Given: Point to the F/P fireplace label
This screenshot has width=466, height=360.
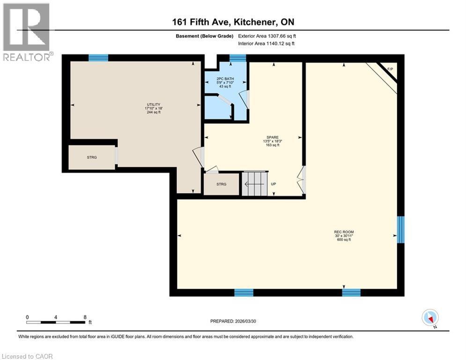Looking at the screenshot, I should pos(390,70).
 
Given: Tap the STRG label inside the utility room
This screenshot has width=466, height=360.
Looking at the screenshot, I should pos(92,157).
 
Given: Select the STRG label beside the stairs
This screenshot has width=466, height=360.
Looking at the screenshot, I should pos(222,184).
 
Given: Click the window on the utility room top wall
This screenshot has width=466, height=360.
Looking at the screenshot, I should pos(98,58).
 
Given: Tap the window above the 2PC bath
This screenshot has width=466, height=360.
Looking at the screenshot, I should pos(238,58).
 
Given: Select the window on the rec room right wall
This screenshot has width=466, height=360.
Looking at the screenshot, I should pos(400,230).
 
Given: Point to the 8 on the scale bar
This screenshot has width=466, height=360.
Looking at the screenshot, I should pos(85,317).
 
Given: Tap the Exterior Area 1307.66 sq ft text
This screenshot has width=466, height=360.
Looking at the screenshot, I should pos(267,36).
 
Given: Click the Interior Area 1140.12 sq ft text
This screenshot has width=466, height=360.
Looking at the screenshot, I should pos(267,44).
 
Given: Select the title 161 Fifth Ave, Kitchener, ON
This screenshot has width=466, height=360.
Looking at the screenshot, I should pos(232,22).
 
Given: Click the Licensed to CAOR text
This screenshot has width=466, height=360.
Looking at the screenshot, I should pos(27,356).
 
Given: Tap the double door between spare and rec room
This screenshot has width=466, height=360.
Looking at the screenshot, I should pos(303,180).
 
